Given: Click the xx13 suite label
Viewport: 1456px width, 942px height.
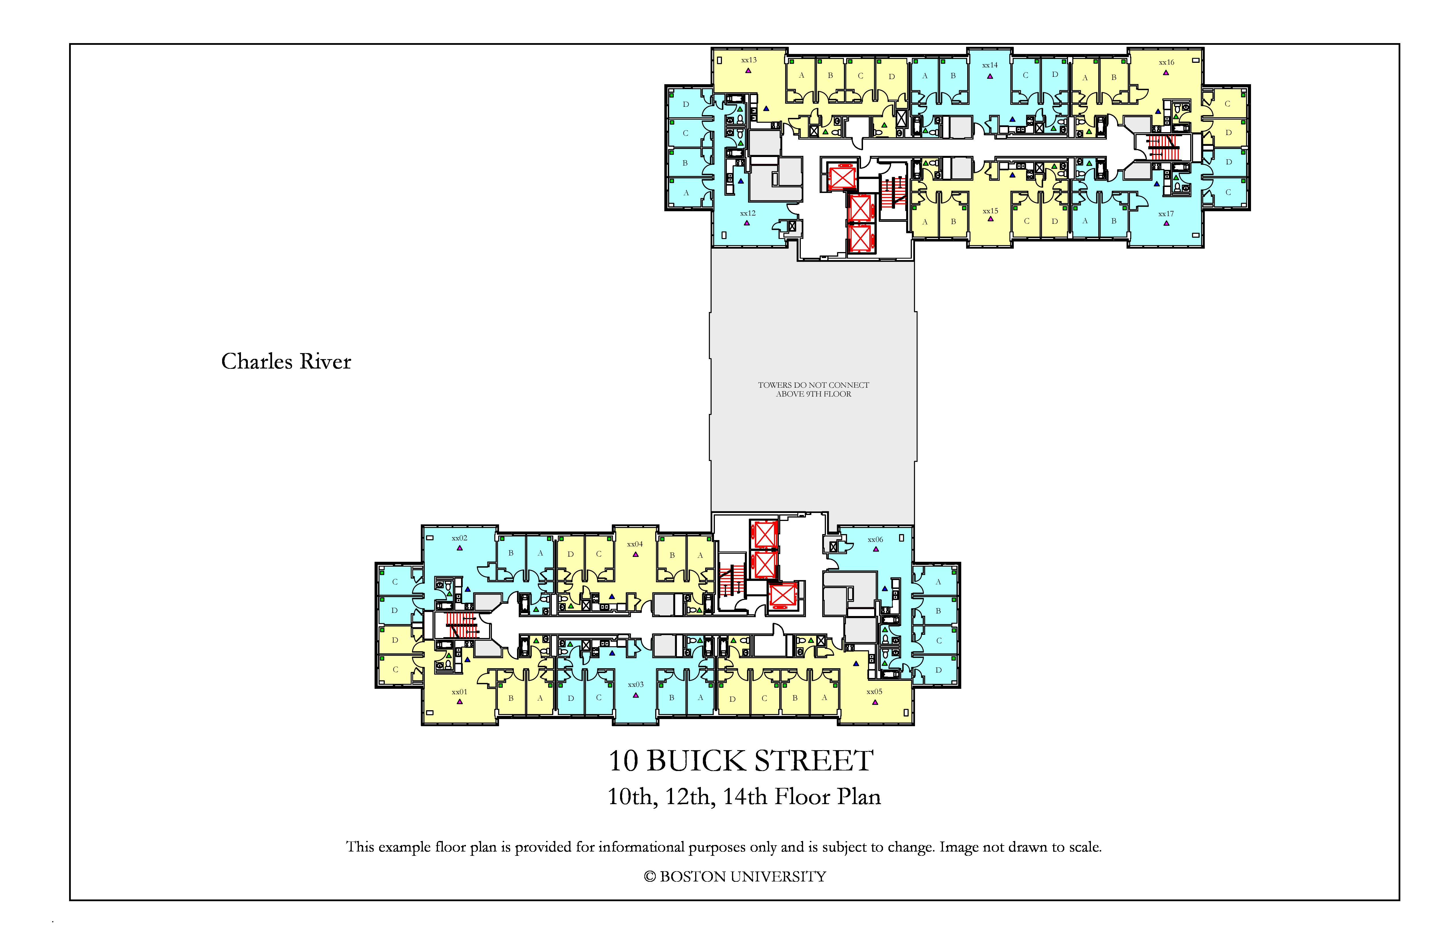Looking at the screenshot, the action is coord(749,60).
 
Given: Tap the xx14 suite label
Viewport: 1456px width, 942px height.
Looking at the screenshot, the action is coord(990,65).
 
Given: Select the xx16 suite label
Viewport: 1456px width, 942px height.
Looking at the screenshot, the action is coord(1167,63).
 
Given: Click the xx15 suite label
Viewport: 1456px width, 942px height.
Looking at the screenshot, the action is coord(990,211).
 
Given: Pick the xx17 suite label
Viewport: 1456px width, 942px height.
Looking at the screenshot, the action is coord(1166,214).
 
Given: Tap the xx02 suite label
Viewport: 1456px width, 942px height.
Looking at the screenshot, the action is coord(459,538).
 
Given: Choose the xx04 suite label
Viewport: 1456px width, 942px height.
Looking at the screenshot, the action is coord(635,544).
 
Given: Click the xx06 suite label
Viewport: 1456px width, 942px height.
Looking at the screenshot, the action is coord(875,540).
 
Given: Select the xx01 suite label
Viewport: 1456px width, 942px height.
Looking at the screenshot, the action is coord(459,692).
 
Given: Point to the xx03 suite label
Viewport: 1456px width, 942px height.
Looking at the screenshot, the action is coord(636,685).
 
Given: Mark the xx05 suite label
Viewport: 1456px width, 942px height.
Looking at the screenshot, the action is coord(874,692).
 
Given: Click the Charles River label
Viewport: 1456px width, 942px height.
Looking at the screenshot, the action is coord(286,361).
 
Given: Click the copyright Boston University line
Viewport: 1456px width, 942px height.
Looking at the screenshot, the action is coord(735,877).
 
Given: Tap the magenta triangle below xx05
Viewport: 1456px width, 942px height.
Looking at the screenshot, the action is coord(875,702).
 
